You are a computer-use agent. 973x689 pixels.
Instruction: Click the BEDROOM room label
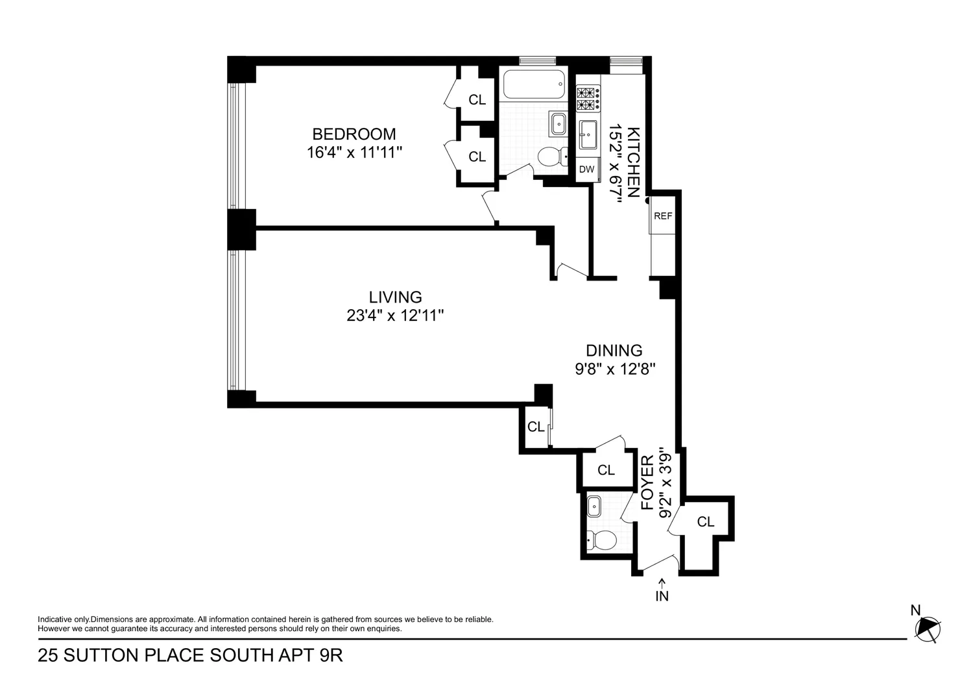click(x=354, y=134)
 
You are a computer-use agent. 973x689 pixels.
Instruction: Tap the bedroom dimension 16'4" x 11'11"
click(x=354, y=153)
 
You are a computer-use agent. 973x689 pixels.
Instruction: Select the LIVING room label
click(x=395, y=297)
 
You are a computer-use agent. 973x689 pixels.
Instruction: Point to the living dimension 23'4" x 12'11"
click(x=395, y=316)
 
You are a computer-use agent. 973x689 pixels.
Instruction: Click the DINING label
click(x=614, y=351)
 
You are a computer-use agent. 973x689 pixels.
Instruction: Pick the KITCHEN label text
click(x=633, y=162)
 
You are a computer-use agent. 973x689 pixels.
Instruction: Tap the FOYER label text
click(x=647, y=482)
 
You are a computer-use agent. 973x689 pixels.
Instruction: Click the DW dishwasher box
click(x=587, y=169)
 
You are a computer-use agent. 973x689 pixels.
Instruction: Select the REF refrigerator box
click(x=663, y=216)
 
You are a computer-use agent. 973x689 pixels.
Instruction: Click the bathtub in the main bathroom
click(x=535, y=84)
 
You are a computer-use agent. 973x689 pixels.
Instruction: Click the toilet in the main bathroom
click(x=553, y=157)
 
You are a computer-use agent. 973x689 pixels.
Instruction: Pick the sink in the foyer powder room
click(x=594, y=507)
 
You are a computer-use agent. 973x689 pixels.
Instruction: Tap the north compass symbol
click(x=928, y=629)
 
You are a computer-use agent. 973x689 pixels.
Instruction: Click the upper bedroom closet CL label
click(x=477, y=100)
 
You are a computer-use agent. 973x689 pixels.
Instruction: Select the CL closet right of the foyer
click(x=706, y=521)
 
